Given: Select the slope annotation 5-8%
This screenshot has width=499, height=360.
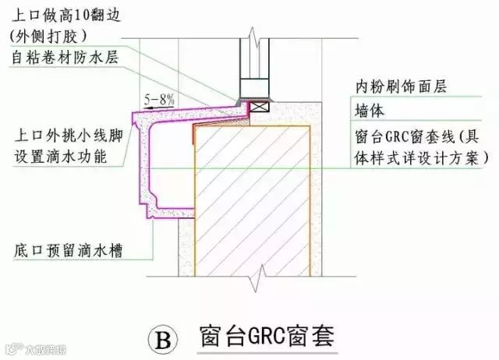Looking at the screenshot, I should pos(160,99).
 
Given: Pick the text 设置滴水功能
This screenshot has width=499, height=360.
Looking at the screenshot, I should pos(59,157).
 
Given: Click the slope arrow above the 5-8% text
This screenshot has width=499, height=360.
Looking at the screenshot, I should pos(158,107).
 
